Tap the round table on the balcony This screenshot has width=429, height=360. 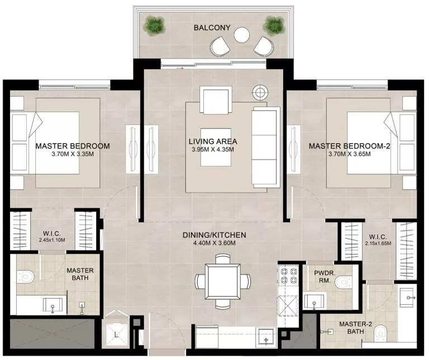point(242,35)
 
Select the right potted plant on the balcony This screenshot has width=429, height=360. point(274,25)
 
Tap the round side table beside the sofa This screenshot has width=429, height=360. point(260,92)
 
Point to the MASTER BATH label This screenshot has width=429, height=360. point(79,273)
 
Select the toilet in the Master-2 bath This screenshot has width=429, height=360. point(380,332)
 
